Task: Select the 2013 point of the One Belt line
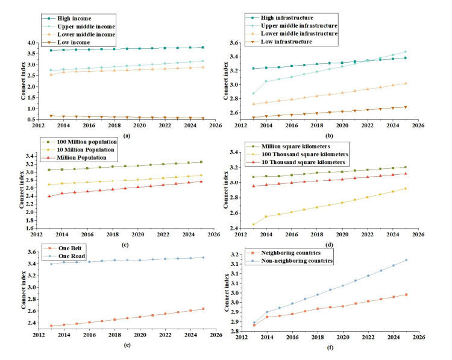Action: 51,326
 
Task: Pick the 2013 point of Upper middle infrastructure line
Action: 254,93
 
